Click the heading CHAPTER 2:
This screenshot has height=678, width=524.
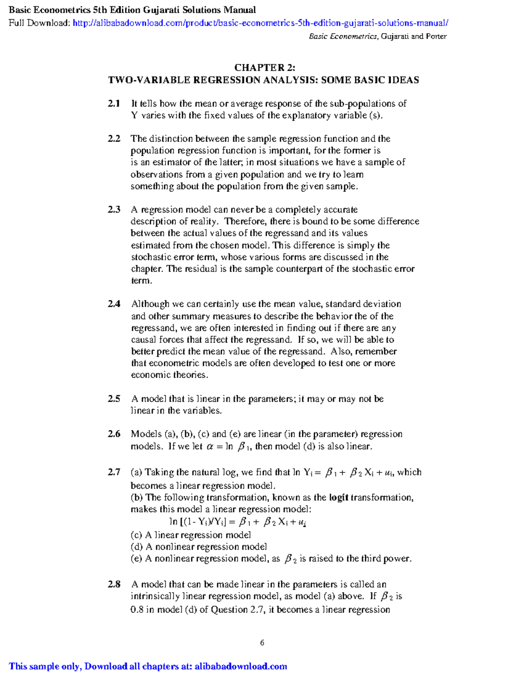point(265,68)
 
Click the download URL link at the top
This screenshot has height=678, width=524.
point(260,23)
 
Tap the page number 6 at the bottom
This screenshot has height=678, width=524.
point(262,643)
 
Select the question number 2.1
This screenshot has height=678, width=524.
point(114,104)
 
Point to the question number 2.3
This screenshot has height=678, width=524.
point(114,210)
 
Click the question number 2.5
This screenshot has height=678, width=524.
point(114,399)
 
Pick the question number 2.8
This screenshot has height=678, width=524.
point(114,585)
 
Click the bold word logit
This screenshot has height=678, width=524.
point(338,498)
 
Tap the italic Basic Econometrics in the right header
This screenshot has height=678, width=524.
point(343,37)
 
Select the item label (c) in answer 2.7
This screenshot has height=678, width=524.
point(136,535)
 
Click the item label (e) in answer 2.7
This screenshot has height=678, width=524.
point(136,559)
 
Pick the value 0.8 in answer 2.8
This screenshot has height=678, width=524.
point(137,610)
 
